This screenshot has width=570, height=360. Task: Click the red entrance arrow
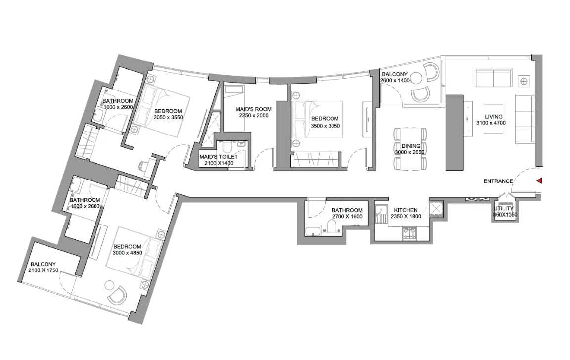coord(540,180)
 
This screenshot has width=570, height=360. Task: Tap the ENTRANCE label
coord(498,181)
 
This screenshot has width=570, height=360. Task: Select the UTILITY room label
coord(504,209)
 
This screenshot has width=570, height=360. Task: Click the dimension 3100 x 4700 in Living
coord(491,123)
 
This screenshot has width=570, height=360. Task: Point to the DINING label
coord(411,146)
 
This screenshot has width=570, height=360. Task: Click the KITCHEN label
coord(406,210)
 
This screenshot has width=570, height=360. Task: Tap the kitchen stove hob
coord(410,233)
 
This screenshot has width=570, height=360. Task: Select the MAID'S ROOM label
coord(253,109)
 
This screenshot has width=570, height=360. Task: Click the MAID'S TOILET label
coord(219,157)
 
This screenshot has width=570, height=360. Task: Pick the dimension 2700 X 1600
coord(347,217)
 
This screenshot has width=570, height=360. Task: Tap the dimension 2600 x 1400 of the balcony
coord(395,81)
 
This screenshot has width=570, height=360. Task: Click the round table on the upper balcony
coord(416,78)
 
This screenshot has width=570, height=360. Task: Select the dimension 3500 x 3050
coord(326,126)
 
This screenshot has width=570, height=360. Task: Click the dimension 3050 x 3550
coord(168,118)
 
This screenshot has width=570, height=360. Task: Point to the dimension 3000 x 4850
coord(127,253)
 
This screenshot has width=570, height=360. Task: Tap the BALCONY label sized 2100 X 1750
coord(43,265)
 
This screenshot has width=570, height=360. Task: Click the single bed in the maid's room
coord(234,109)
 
